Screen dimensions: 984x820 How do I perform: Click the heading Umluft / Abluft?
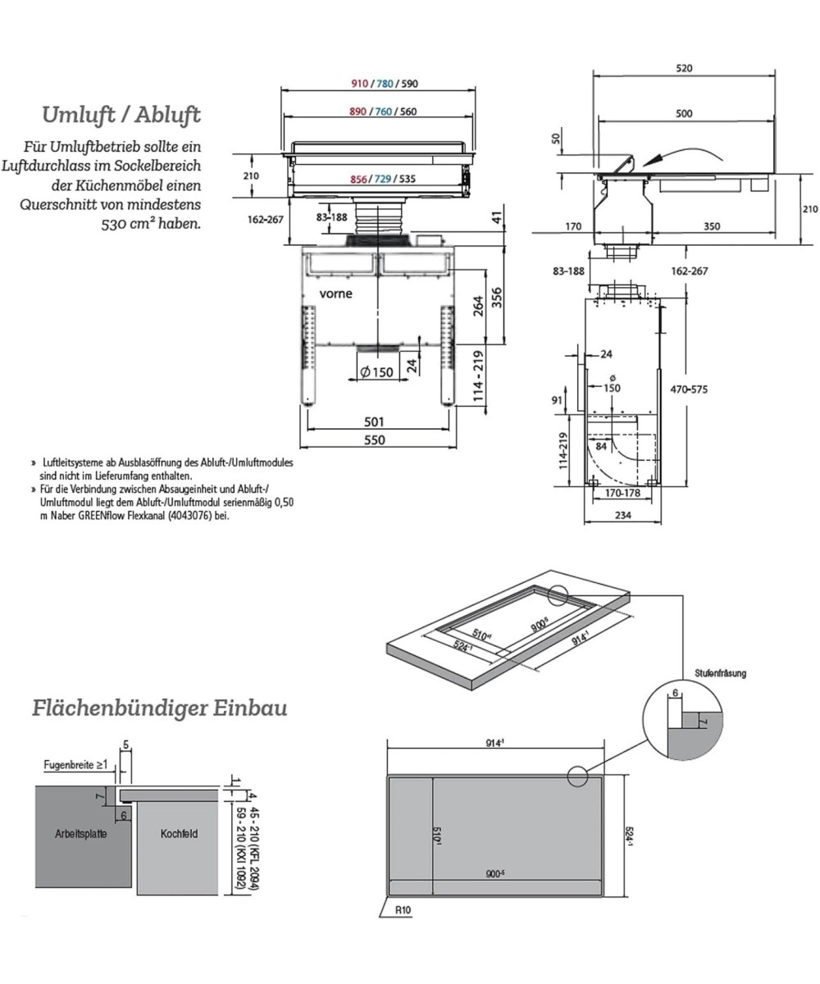tap(121, 114)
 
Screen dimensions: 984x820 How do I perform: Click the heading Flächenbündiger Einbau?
tap(159, 707)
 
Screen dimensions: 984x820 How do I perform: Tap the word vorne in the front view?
tap(336, 294)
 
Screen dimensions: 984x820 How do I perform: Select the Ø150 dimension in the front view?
tap(376, 371)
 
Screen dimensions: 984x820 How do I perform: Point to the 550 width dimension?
tap(374, 440)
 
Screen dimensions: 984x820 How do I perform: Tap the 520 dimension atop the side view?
tap(684, 68)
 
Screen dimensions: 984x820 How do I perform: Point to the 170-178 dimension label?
tap(622, 494)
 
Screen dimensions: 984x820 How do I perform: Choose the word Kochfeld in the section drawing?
tap(179, 834)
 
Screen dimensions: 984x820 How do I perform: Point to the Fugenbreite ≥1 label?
tap(75, 764)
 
